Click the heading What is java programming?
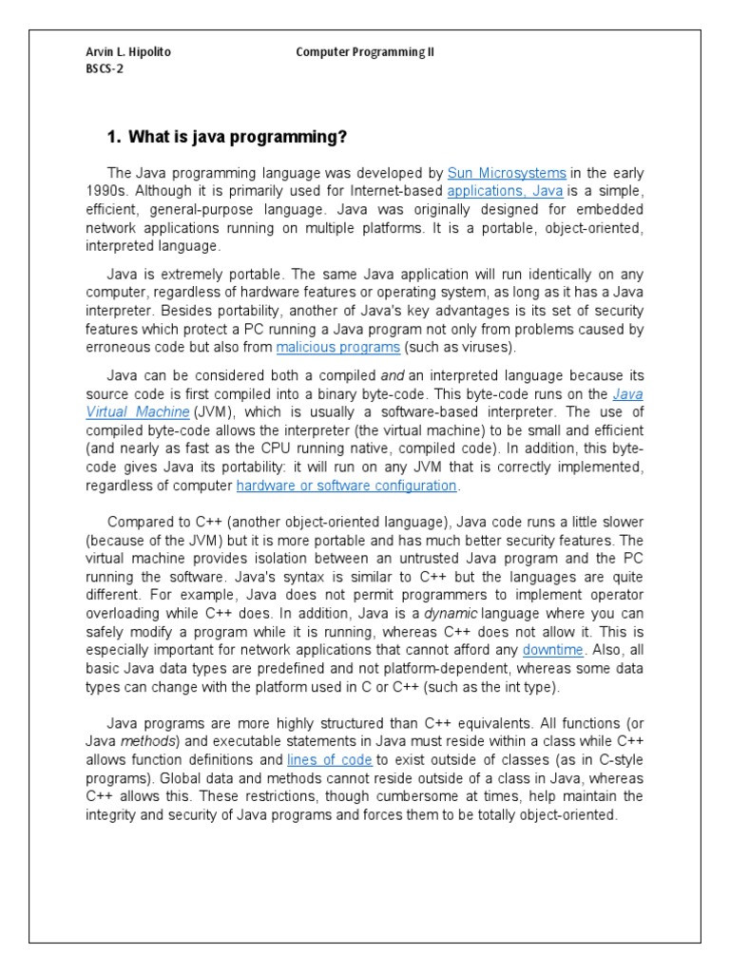226,137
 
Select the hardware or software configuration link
347,486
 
